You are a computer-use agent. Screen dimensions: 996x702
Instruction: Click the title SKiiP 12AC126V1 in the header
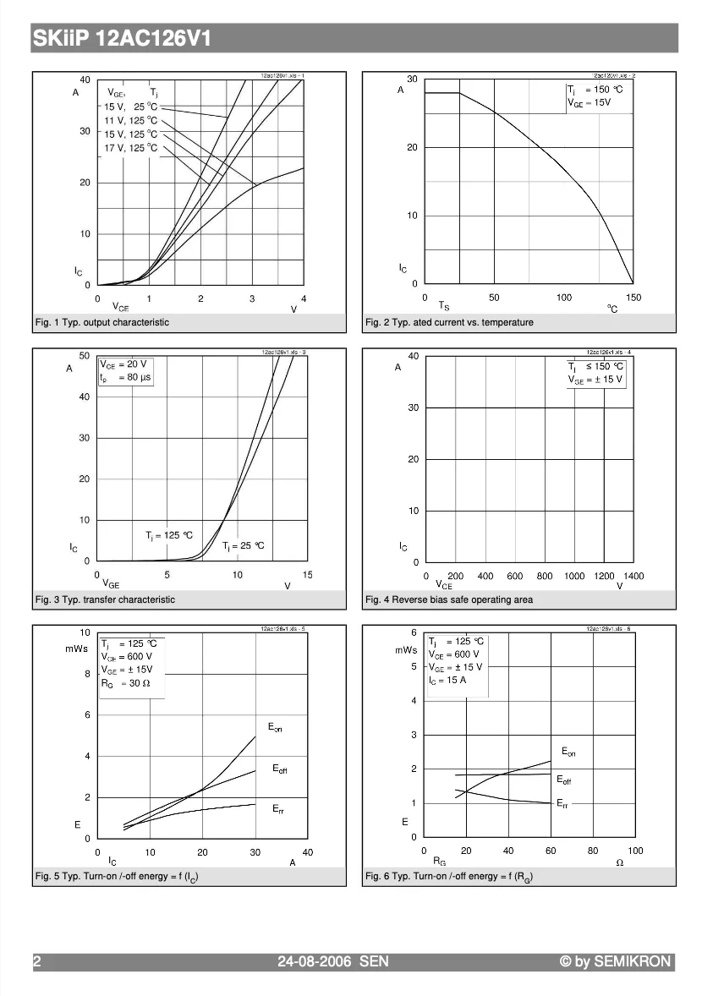(122, 39)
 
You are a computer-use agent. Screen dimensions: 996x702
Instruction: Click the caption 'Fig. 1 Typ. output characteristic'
(102, 322)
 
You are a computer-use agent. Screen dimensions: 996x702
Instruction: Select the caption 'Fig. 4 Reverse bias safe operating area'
(449, 599)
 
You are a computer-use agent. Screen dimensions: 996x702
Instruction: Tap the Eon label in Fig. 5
(275, 727)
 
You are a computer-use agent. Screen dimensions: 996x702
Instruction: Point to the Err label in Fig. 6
(562, 804)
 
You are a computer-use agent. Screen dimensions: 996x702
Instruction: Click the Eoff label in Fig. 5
(280, 769)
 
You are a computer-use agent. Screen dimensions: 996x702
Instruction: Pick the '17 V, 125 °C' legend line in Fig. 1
(130, 148)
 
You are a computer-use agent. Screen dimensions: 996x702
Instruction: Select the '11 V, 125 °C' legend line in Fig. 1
(130, 120)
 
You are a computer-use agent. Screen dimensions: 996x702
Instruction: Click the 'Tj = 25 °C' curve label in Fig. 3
(244, 545)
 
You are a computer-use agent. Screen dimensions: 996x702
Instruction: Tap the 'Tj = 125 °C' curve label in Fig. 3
(169, 535)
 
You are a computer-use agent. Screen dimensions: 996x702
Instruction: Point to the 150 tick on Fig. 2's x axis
(633, 298)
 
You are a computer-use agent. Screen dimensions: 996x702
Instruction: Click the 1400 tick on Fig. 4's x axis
(633, 576)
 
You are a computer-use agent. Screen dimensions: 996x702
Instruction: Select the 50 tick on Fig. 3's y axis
(84, 356)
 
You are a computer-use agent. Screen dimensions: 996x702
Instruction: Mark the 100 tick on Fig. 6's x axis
(635, 851)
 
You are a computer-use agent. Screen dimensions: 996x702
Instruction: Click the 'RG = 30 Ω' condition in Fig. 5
(125, 683)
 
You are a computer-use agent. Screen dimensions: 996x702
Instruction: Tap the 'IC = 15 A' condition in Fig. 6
(447, 680)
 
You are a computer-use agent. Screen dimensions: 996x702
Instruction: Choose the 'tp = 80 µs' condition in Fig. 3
(125, 378)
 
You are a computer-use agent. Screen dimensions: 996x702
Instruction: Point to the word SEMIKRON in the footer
(632, 961)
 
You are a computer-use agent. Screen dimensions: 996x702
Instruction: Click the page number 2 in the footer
(37, 961)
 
